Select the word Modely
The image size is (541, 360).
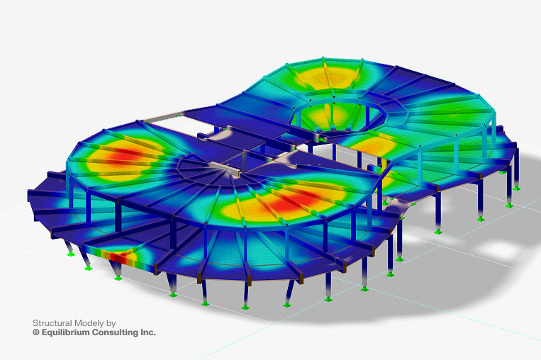[89, 323]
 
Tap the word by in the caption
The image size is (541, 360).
[111, 323]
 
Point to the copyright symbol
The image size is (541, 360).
[36, 332]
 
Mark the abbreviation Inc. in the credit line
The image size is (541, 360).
[148, 332]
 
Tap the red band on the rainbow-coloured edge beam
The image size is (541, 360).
[117, 257]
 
